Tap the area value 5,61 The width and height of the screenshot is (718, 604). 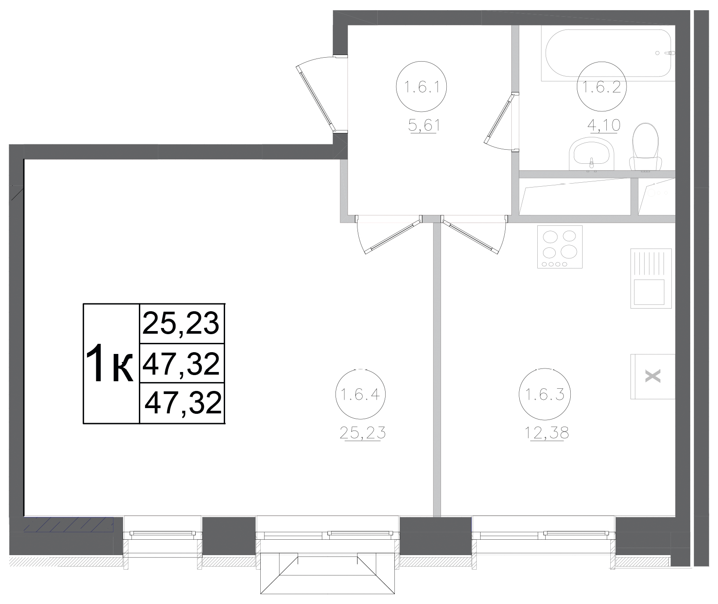[x=424, y=126]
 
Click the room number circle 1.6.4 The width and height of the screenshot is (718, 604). [x=361, y=395]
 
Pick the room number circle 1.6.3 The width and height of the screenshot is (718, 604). [x=544, y=395]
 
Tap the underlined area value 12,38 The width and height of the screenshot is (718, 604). [x=547, y=433]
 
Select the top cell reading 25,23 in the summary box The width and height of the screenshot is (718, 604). [x=182, y=323]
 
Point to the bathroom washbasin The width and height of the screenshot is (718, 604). [x=592, y=154]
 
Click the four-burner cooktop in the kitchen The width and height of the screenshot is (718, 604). [x=560, y=247]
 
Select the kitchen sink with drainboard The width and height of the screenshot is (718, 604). [x=651, y=278]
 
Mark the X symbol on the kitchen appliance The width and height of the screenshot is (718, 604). [x=653, y=376]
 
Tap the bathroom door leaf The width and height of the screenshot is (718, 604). [x=499, y=118]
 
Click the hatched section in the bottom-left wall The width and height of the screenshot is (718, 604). [x=69, y=524]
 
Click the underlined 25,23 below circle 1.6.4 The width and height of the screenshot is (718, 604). [x=363, y=433]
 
